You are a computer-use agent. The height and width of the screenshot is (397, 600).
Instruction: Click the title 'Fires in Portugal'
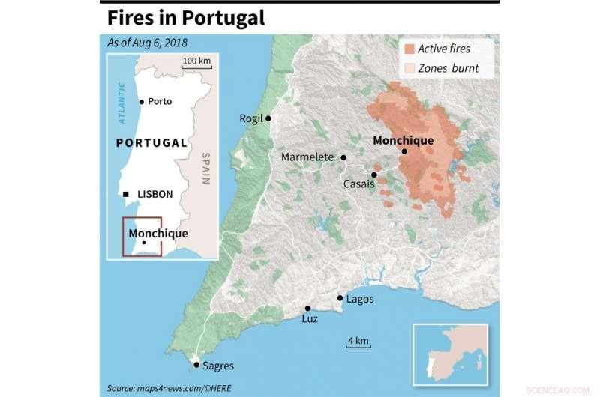coord(186,17)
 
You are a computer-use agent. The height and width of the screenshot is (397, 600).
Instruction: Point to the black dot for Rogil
coord(268,118)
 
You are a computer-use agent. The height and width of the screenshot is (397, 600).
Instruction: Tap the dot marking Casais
coord(373,175)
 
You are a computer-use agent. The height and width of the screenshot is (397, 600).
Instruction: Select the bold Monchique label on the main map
coord(403,139)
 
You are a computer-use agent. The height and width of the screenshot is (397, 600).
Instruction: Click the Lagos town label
coord(360,299)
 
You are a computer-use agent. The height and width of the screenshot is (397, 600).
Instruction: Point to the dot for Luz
coord(307,308)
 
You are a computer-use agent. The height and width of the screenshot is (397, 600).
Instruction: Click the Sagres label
coord(218,366)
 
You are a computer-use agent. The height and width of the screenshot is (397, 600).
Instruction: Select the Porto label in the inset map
coord(160,101)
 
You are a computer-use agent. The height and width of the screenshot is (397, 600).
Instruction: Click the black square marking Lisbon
coord(126,194)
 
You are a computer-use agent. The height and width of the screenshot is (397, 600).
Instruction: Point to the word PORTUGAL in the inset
coord(151,142)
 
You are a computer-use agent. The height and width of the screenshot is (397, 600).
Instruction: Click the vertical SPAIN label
coord(205,169)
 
